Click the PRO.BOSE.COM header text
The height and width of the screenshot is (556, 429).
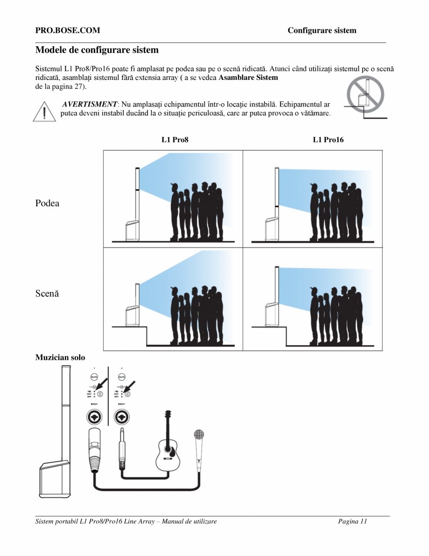(68, 31)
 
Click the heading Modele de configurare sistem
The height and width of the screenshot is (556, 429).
(97, 50)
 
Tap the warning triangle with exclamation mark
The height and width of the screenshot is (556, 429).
(44, 112)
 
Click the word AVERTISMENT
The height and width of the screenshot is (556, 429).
(90, 104)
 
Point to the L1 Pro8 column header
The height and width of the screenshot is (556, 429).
(175, 140)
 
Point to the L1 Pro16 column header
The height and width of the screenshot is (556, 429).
(328, 140)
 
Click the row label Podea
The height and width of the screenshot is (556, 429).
(47, 203)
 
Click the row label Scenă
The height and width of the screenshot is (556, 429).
(47, 294)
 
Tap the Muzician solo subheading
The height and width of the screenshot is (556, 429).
(60, 357)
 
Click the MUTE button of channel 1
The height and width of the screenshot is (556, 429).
(94, 377)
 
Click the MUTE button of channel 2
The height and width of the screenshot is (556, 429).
(122, 377)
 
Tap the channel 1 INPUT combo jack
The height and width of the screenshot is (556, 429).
(94, 416)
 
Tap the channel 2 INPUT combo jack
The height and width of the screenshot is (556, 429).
(122, 416)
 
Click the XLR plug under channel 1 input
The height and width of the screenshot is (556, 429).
(94, 448)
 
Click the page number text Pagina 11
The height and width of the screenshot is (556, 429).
(353, 521)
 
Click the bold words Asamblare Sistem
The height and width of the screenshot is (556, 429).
(248, 78)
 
